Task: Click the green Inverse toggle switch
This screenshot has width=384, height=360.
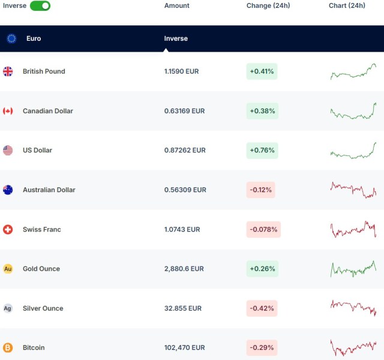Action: pos(40,5)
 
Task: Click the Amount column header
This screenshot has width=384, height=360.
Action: pos(176,5)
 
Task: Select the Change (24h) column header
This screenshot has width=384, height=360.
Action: pos(268,5)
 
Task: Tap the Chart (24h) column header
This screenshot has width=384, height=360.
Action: pos(347,5)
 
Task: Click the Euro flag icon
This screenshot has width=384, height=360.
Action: pos(11,38)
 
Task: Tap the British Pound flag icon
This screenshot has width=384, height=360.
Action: pos(8,71)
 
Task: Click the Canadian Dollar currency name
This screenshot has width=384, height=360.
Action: pos(48,111)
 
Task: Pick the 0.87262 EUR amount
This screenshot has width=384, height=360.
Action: pos(185,151)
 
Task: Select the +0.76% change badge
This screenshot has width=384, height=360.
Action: pos(262,151)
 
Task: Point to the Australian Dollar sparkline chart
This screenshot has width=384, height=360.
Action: pos(353,190)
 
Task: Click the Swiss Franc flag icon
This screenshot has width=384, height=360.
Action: pos(8,229)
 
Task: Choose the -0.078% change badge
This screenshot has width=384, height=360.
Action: pos(263,229)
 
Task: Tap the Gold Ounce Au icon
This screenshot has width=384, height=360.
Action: pos(8,269)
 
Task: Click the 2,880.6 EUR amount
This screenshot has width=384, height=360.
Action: pos(184,269)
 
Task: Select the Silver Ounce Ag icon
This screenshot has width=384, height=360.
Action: pos(8,308)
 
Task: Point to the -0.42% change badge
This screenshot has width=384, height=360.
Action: pos(262,308)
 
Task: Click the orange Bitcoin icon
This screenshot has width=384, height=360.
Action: pos(8,347)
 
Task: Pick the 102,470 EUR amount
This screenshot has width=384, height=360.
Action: pos(184,347)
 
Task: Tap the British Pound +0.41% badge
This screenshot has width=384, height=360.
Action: pos(262,71)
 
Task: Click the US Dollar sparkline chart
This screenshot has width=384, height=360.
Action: pos(353,151)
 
